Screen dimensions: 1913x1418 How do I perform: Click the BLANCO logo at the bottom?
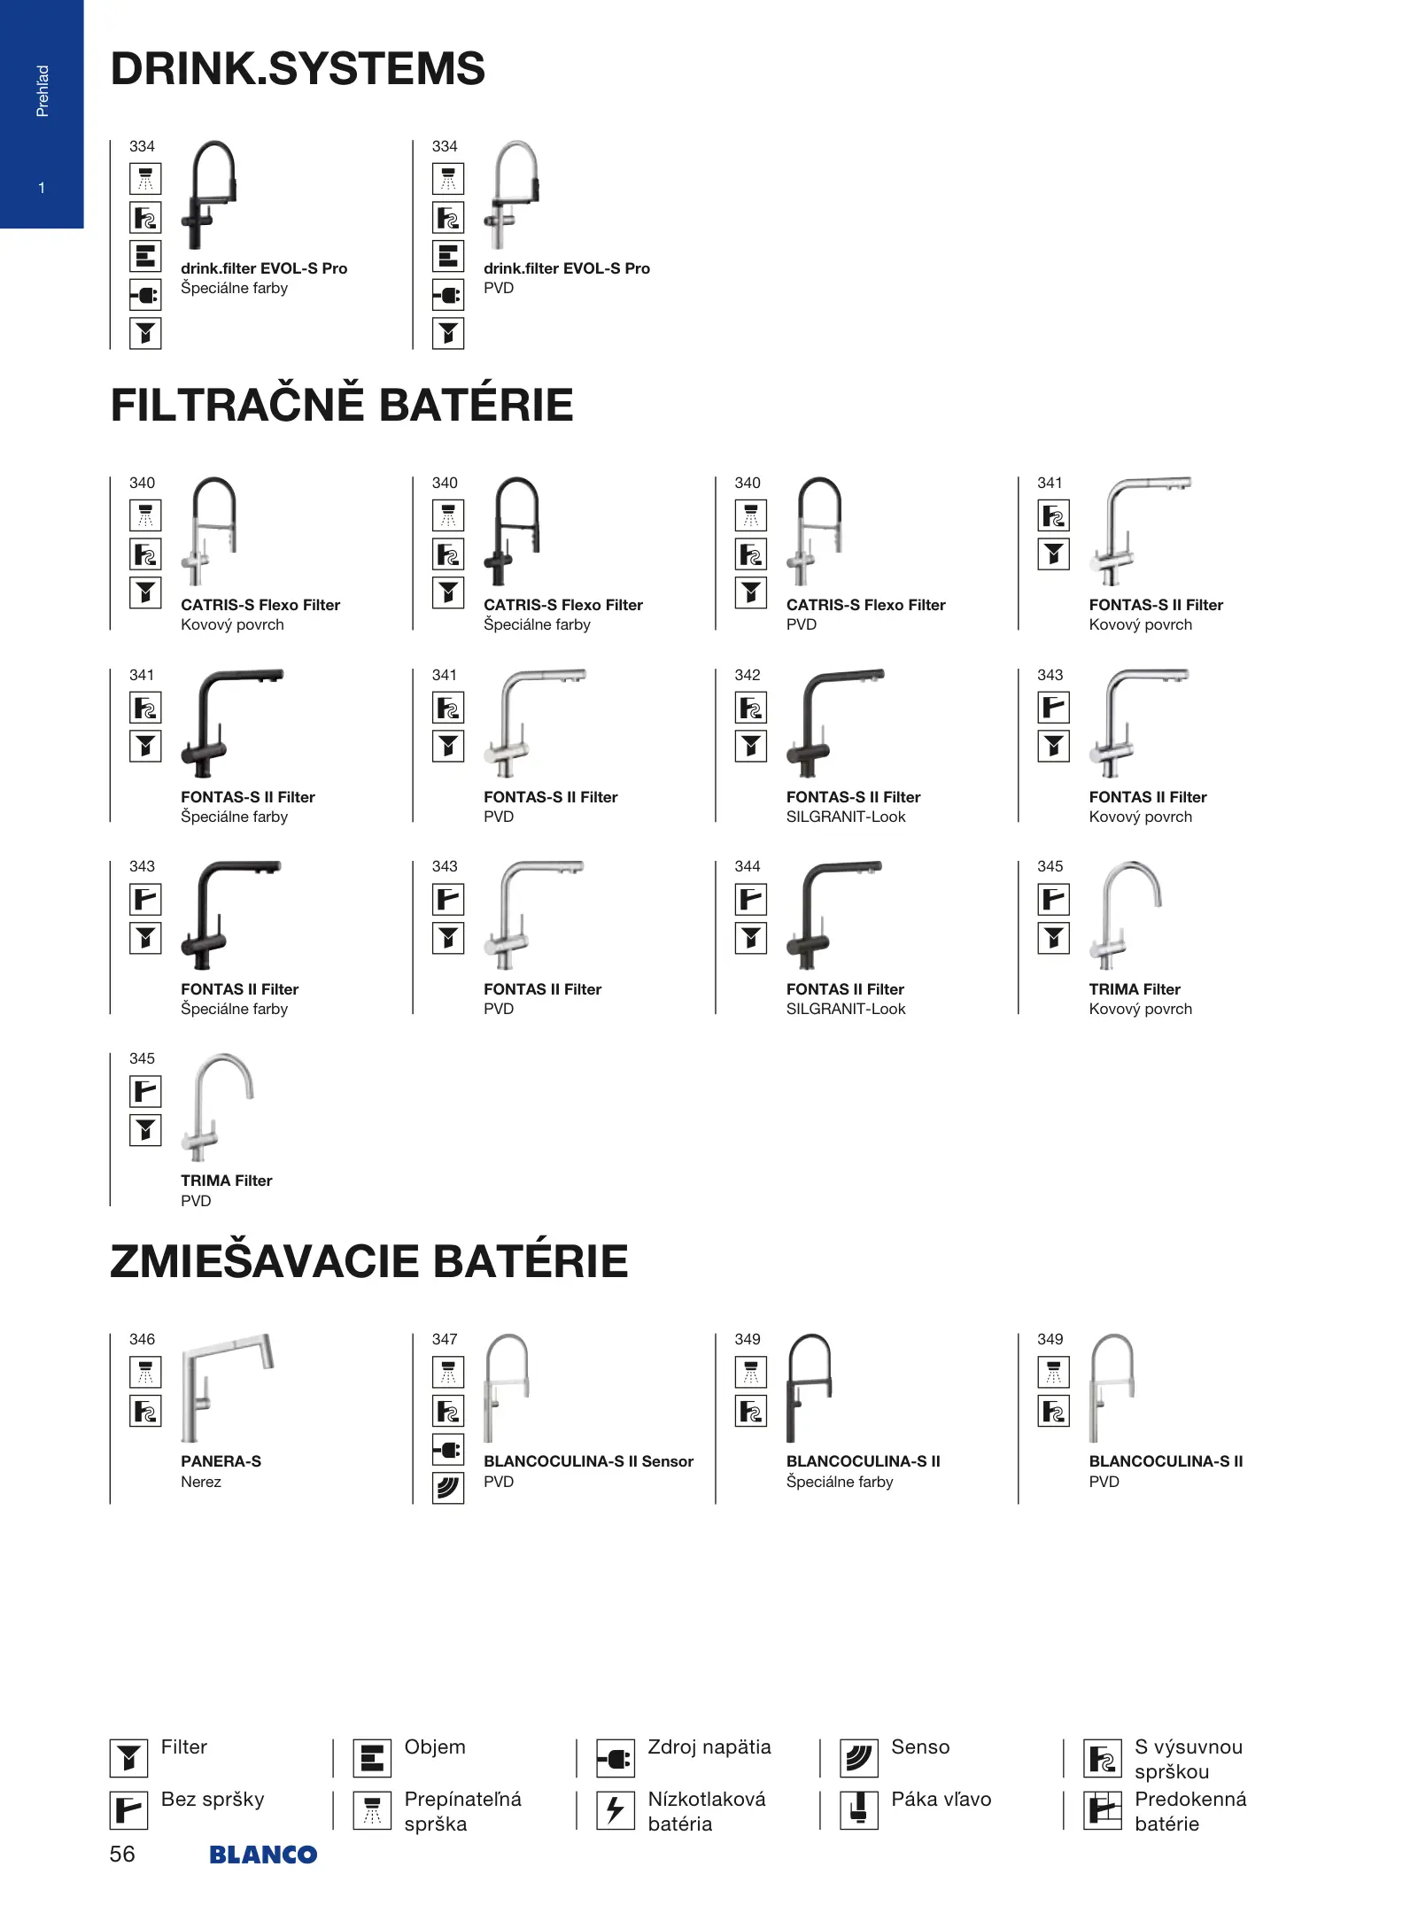tap(262, 1854)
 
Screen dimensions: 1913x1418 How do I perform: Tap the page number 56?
tap(122, 1854)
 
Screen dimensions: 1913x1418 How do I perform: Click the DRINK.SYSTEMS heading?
tap(298, 69)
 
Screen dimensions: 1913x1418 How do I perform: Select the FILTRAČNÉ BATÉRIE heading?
tap(342, 405)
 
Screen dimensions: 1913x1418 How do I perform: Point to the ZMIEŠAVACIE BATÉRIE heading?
tap(368, 1261)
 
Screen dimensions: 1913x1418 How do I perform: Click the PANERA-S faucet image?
tap(227, 1387)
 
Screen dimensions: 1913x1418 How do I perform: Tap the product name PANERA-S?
tap(221, 1461)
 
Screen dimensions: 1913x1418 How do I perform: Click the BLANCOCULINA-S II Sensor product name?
tap(588, 1461)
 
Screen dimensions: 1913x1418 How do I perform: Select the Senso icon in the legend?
tap(858, 1758)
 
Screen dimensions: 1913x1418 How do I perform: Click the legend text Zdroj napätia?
tap(709, 1746)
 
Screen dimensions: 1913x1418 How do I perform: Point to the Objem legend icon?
tap(372, 1758)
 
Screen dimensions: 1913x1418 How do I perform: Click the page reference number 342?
tap(748, 675)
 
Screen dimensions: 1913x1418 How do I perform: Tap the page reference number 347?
tap(445, 1339)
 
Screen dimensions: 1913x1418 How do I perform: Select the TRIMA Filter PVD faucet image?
tap(217, 1106)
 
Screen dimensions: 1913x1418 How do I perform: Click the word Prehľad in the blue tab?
tap(42, 90)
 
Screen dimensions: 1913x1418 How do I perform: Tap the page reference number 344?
tap(748, 866)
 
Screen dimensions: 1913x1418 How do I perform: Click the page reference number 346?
tap(142, 1339)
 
